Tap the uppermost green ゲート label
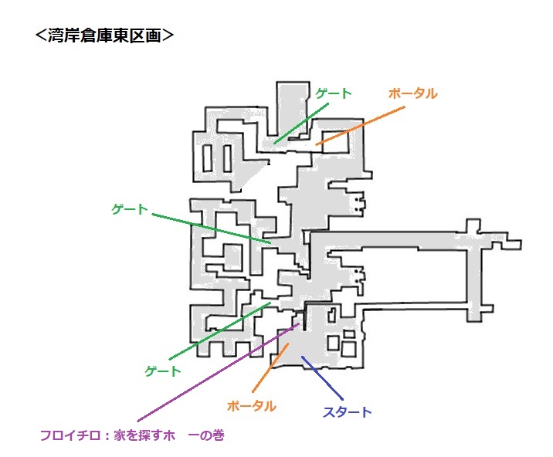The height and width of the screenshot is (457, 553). click(x=333, y=93)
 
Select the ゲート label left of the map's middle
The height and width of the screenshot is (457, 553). click(x=129, y=208)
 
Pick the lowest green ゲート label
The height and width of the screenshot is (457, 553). click(x=163, y=371)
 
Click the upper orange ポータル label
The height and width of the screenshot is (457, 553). click(x=412, y=93)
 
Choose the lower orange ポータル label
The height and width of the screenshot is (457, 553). click(x=251, y=405)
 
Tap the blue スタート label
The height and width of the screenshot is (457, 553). click(x=347, y=411)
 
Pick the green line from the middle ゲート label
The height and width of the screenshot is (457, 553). click(x=209, y=228)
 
